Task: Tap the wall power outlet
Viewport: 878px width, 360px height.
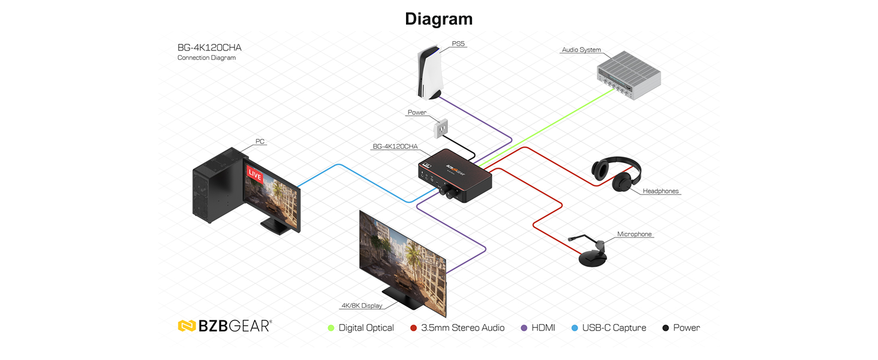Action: [x=441, y=128]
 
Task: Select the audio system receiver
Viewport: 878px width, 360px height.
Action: [x=629, y=75]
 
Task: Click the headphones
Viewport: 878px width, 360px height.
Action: [x=617, y=174]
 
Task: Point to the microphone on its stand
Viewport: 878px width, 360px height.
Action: [x=590, y=251]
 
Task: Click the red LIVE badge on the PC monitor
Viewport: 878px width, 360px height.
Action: [x=255, y=175]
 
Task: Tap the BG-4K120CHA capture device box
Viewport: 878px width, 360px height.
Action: [x=455, y=175]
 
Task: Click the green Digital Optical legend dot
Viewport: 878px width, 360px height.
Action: [x=331, y=328]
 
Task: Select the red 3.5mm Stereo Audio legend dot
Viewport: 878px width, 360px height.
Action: [x=413, y=328]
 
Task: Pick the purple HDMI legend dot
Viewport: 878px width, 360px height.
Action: [x=524, y=328]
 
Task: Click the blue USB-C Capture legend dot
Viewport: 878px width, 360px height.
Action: [x=575, y=328]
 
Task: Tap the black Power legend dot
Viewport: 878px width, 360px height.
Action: [x=666, y=328]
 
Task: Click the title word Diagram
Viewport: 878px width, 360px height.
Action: [x=438, y=19]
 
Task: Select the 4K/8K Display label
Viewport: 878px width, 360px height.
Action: [x=362, y=305]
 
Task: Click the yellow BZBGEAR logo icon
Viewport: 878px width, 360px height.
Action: [x=187, y=326]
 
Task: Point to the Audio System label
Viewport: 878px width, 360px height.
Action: [x=581, y=50]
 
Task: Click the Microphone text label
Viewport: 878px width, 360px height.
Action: [x=634, y=234]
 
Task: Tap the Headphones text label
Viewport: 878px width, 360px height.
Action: [x=660, y=191]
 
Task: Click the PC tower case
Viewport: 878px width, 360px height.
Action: [x=218, y=184]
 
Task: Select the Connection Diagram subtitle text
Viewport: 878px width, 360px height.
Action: [x=206, y=58]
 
